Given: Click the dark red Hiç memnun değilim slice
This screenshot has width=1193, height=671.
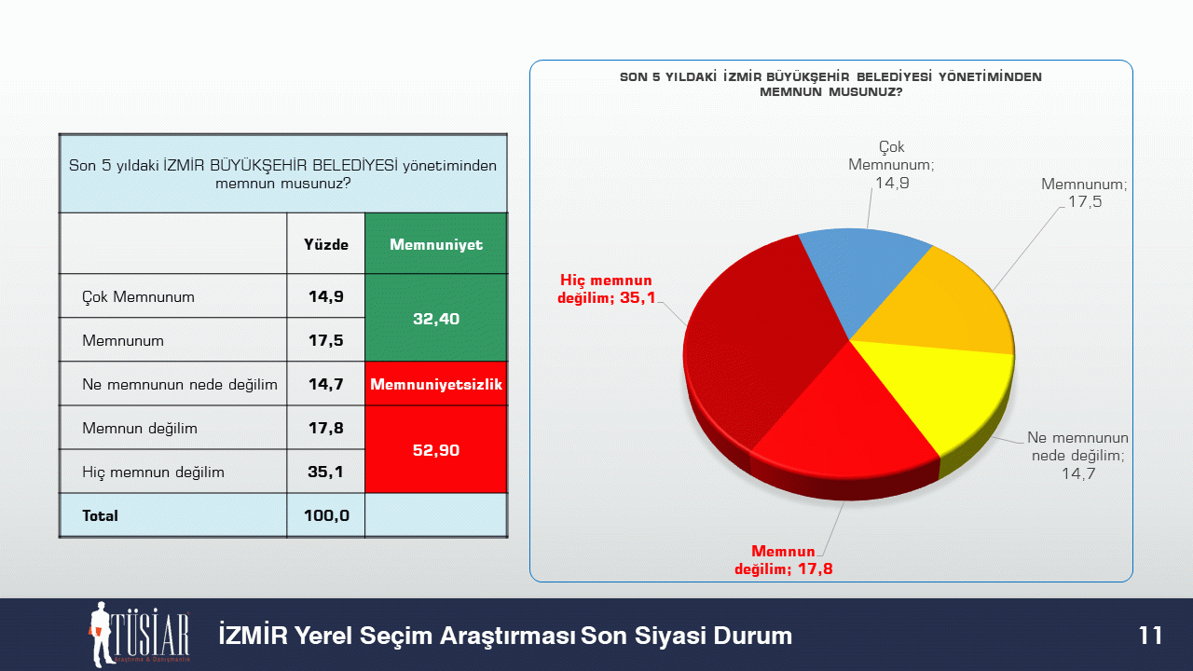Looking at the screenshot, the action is [756, 346].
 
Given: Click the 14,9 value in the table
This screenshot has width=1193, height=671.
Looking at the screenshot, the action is [326, 296].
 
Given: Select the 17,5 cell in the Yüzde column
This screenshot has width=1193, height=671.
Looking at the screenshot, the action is [326, 340].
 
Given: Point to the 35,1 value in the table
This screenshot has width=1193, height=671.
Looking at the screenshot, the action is [326, 472].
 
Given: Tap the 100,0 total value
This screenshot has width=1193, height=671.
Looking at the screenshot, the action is [326, 515].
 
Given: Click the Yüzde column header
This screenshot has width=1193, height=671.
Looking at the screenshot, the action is [326, 244].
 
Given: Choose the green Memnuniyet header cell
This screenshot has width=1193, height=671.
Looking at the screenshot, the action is [436, 244].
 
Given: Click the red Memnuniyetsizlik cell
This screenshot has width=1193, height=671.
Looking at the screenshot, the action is [436, 384].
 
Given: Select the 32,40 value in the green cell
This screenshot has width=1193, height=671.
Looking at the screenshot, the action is [436, 319].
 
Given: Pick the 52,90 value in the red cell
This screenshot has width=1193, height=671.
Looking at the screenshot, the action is [436, 450].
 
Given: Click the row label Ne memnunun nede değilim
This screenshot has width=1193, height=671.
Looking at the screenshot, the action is [180, 384].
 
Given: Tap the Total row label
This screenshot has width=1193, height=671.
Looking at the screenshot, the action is [100, 515].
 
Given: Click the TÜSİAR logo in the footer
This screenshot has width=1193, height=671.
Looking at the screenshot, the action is [140, 635].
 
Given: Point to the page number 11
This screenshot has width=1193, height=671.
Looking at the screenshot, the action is [1150, 636].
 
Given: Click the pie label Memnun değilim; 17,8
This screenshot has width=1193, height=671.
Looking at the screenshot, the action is [784, 560].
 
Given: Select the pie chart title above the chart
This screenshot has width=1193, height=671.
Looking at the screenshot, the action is [830, 84].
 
